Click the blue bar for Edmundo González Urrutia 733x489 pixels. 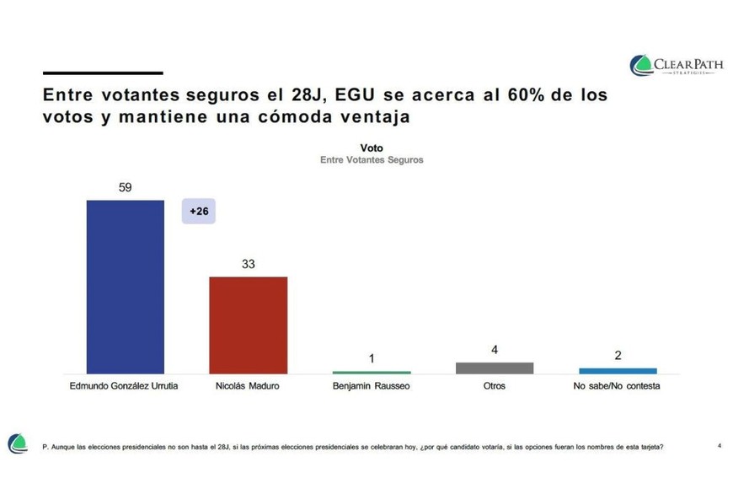click(126, 287)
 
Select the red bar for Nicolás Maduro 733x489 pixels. click(248, 325)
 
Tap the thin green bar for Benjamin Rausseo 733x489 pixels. click(372, 372)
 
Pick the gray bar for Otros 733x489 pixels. click(495, 368)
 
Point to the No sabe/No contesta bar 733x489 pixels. click(618, 370)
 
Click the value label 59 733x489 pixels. click(126, 187)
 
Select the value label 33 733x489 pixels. click(248, 264)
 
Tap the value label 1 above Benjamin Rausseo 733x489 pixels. click(372, 358)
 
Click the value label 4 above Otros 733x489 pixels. click(495, 349)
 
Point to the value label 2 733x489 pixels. click(618, 356)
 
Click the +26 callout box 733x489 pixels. click(199, 212)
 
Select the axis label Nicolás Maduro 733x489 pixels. click(248, 386)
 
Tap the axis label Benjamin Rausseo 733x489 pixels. click(372, 386)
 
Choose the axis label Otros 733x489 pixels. click(495, 386)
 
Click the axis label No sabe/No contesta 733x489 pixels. click(618, 386)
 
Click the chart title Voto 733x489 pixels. click(372, 148)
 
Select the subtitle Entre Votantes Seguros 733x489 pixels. click(372, 159)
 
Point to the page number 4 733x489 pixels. click(719, 444)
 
